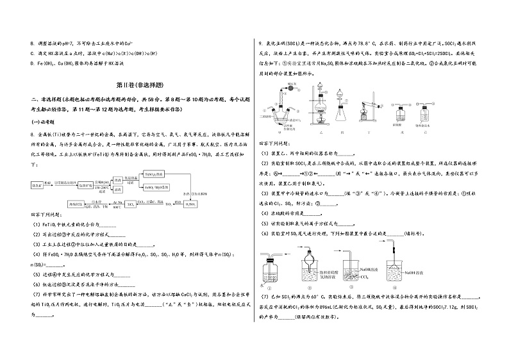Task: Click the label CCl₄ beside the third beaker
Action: click(x=365, y=277)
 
